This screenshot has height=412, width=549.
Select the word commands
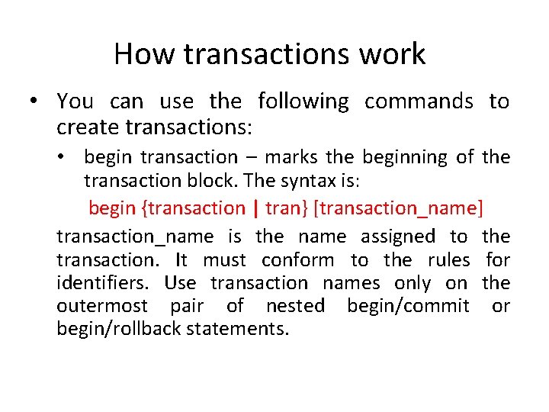coord(419,101)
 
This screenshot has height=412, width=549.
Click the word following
coord(303,101)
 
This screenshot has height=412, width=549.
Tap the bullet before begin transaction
coord(69,158)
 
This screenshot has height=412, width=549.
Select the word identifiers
coord(107,284)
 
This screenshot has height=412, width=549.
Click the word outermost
coord(103,307)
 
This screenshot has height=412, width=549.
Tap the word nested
coord(295,307)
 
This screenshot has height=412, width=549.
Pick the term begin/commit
coord(408,307)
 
